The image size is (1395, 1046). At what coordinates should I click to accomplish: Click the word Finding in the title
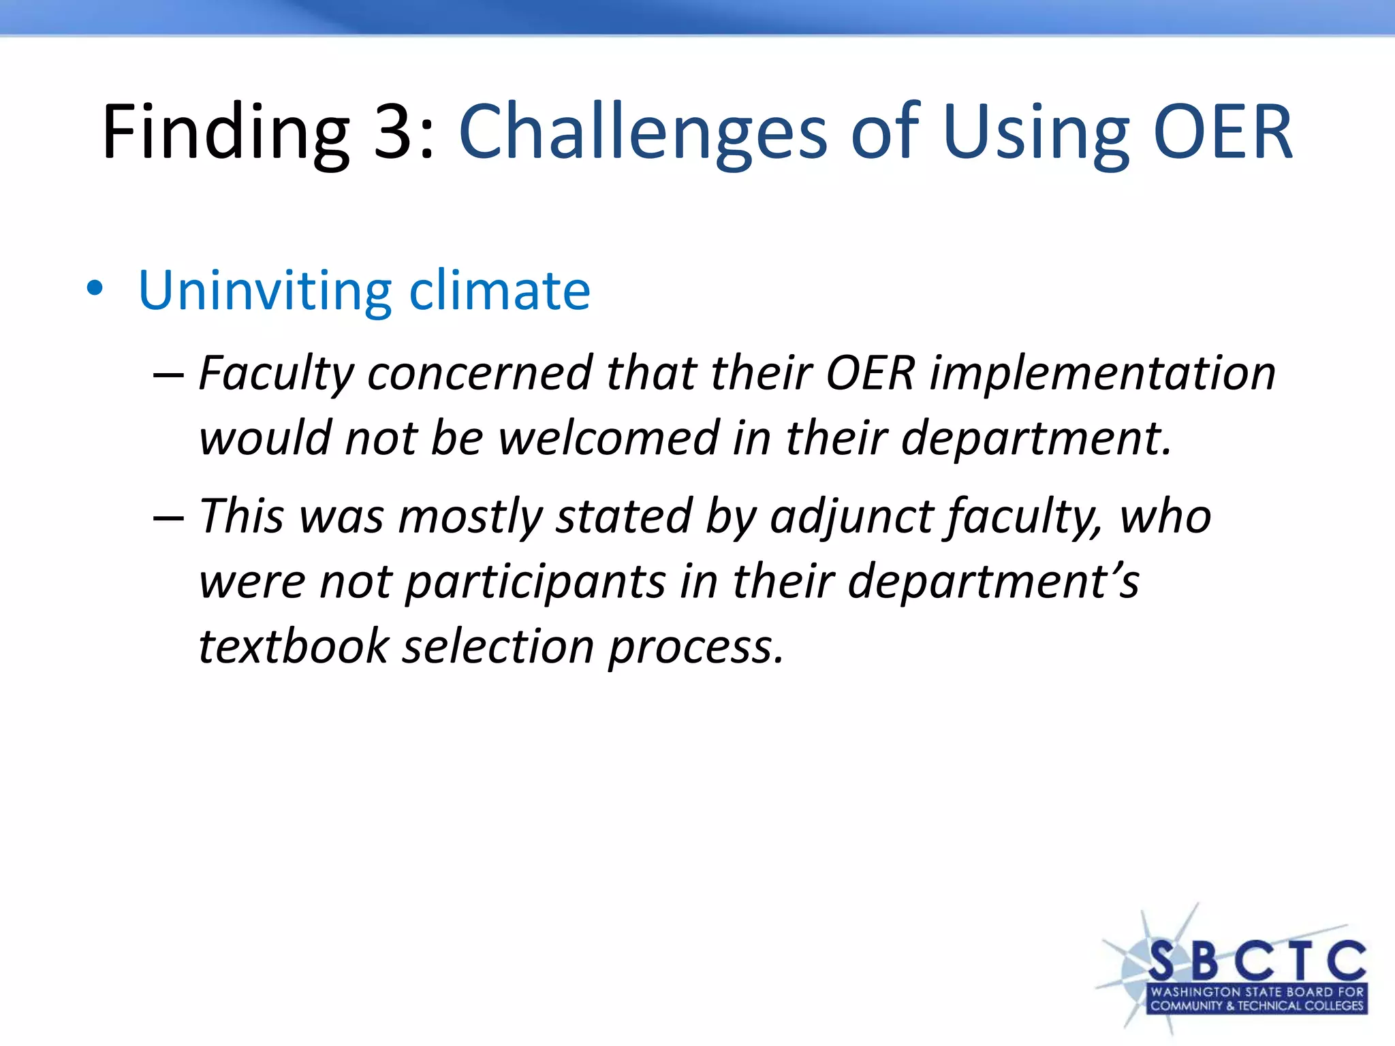point(225,132)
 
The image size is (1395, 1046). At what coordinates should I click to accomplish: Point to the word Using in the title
point(1036,132)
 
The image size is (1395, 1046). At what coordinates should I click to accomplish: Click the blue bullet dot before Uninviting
point(95,289)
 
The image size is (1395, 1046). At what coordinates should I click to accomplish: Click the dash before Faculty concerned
point(168,375)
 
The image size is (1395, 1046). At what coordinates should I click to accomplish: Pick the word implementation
point(1103,374)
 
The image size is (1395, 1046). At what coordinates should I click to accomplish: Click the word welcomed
point(609,438)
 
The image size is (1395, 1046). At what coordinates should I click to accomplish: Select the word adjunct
point(851,517)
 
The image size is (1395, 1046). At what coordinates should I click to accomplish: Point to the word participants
point(535,582)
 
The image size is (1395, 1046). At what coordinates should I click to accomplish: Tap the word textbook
point(294,646)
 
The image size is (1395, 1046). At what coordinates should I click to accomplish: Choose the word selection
point(499,646)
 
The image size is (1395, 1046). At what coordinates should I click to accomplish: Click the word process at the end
point(695,648)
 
